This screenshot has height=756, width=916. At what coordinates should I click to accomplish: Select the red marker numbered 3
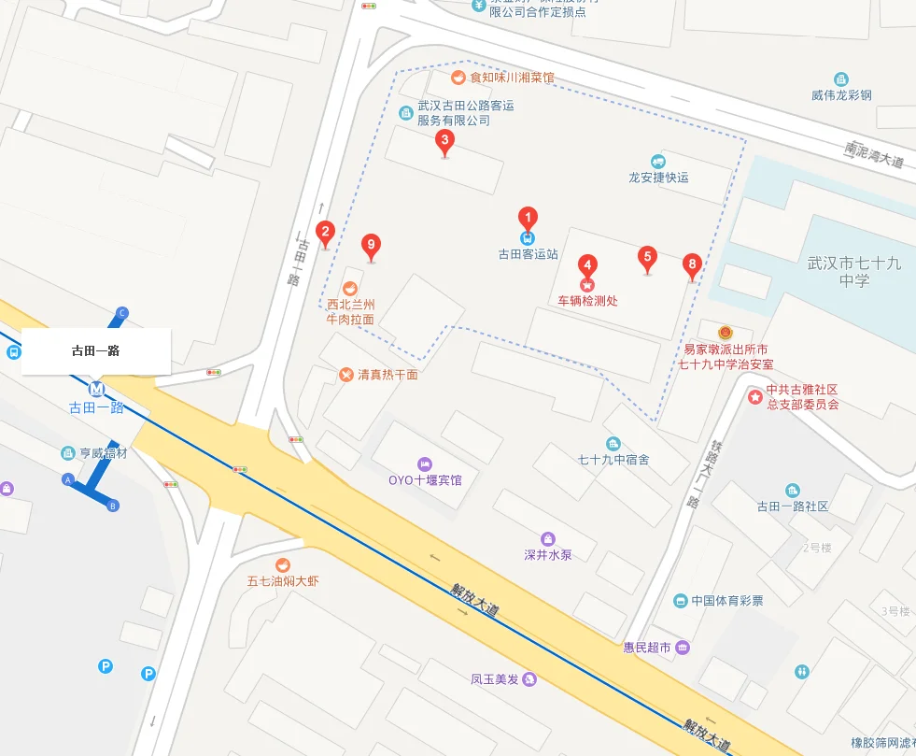(x=445, y=142)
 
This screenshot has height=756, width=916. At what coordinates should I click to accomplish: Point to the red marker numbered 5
(x=647, y=258)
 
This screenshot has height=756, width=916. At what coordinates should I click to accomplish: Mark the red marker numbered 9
(x=372, y=248)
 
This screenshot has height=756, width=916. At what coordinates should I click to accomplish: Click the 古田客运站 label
(x=528, y=253)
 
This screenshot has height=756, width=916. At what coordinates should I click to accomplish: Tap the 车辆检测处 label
(x=588, y=301)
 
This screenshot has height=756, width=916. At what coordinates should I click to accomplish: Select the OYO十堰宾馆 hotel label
(x=425, y=480)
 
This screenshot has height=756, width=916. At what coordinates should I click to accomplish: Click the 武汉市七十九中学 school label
(x=853, y=272)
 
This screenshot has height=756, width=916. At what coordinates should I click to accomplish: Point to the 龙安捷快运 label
(x=658, y=177)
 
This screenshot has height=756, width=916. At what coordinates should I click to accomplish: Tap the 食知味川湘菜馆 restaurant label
(x=512, y=78)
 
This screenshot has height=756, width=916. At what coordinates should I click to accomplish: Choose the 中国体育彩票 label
(x=726, y=600)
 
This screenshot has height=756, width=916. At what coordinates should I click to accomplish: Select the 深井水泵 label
(x=548, y=554)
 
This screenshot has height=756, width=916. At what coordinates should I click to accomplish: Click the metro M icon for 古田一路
(x=96, y=388)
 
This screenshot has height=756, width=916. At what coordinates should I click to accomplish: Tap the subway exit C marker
(x=122, y=313)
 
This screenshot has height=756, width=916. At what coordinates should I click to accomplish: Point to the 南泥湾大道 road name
(x=874, y=154)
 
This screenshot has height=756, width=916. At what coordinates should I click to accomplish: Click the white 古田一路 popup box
(x=96, y=351)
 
